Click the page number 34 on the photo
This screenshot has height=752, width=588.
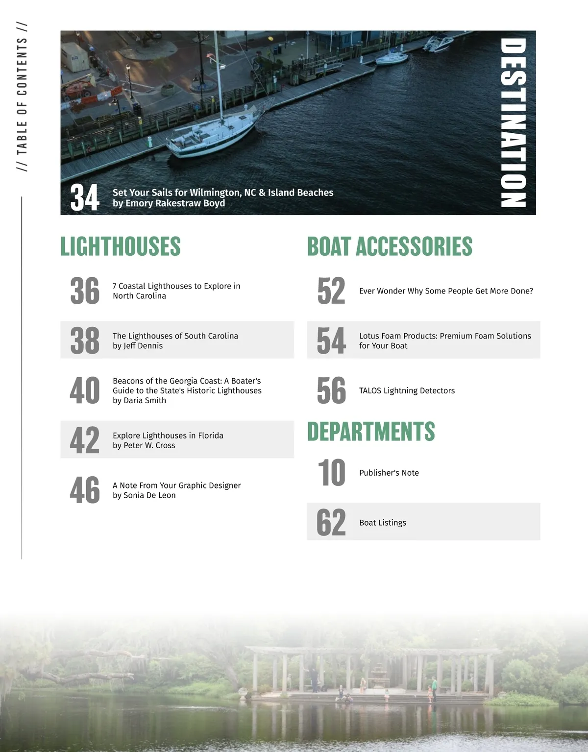pos(84,197)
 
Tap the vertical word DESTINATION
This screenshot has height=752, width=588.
pos(513,122)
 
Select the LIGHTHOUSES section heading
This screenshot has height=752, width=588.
pos(120,246)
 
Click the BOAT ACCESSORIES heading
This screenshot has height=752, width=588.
pos(390,246)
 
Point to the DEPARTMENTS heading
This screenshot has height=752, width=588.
pos(371,432)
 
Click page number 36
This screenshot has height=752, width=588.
pos(84,291)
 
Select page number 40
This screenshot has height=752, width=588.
pos(84,390)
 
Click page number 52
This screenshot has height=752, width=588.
pos(331,291)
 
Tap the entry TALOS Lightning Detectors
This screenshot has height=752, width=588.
pos(407,390)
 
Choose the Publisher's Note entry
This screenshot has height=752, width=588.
pos(389,473)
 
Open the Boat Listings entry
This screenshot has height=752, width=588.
pos(382,523)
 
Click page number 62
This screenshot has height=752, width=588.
pos(331,522)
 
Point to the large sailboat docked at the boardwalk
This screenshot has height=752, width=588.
pos(211,132)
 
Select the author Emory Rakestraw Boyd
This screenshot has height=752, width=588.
pos(174,203)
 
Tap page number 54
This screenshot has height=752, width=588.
pos(331,340)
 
